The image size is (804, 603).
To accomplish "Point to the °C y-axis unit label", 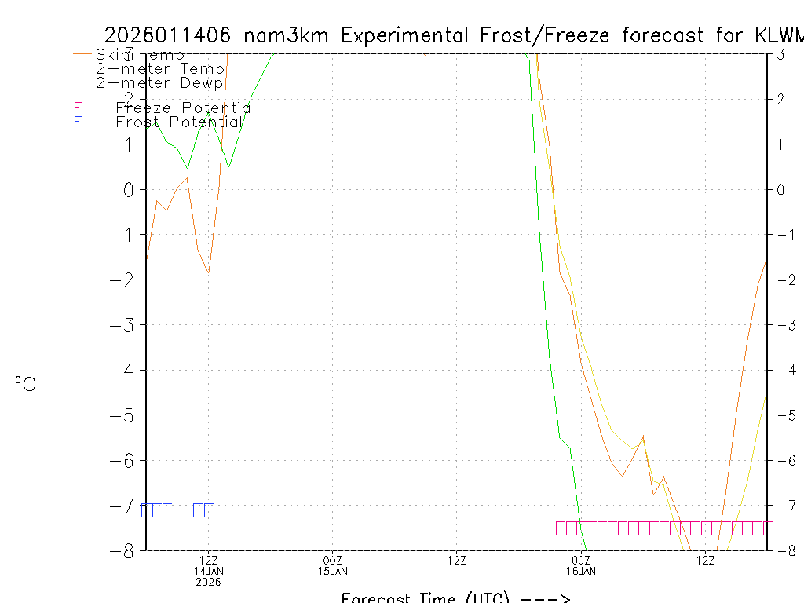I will (25, 384).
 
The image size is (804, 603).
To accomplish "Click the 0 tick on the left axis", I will (129, 189).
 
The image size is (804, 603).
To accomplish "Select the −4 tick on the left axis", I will (123, 370).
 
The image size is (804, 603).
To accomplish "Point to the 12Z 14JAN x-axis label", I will (209, 560).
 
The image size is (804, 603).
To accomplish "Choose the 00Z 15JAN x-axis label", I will (333, 560).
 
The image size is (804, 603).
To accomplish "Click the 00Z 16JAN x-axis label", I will (581, 560).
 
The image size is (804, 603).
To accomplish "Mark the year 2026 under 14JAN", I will (209, 582).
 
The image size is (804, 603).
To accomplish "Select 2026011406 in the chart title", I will (167, 35).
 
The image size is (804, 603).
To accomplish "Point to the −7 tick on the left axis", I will (123, 506).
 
